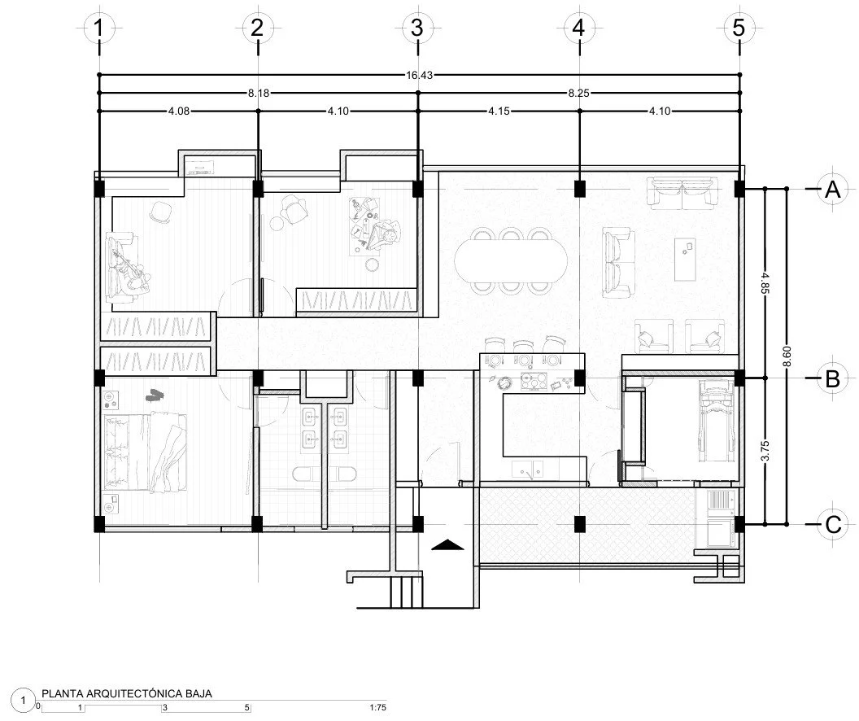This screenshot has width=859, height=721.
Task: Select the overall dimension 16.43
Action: click(419, 75)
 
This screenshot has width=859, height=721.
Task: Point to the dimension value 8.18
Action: click(259, 94)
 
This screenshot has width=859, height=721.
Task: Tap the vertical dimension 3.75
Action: click(765, 452)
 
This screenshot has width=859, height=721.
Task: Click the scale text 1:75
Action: click(377, 708)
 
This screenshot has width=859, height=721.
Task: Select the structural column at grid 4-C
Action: click(579, 523)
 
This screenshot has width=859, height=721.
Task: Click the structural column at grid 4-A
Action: click(579, 189)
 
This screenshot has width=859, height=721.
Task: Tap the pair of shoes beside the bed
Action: click(152, 395)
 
